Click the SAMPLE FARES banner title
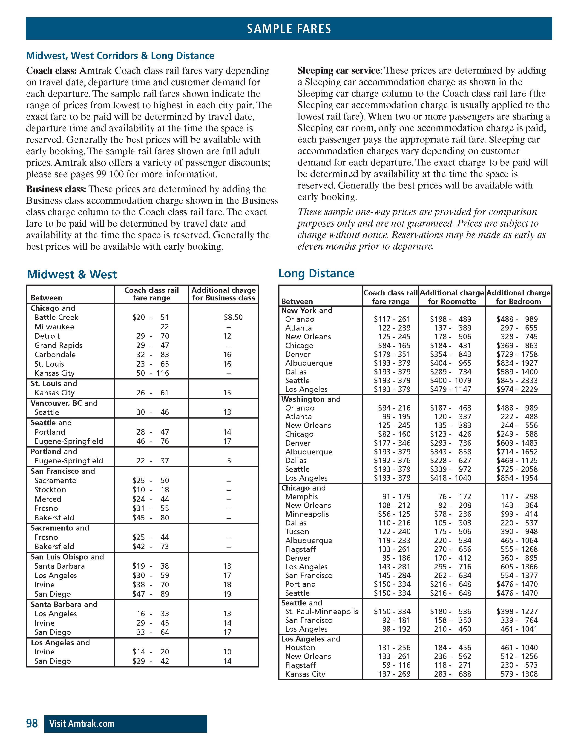pos(289,29)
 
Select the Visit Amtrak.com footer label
pos(82,724)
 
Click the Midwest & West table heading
pos(72,274)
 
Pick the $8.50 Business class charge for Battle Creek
pos(233,317)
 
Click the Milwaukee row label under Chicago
pos(54,327)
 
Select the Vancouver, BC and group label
pos(64,403)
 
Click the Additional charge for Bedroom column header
pos(518,297)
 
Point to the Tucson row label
pos(297,532)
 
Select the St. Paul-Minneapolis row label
pos(321,612)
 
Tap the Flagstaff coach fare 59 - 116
pos(396,665)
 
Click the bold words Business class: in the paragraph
pos(56,189)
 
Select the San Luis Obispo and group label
pos(67,557)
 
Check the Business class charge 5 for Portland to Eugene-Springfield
pos(229,461)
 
